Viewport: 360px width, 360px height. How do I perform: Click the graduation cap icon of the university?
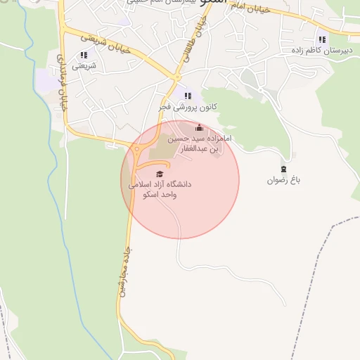(x=160, y=174)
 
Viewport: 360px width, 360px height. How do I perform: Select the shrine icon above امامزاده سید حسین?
(x=198, y=128)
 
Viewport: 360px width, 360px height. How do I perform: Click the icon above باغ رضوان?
(x=283, y=169)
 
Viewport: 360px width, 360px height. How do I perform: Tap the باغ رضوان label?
(x=283, y=180)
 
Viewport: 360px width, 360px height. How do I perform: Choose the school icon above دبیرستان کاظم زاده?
(x=321, y=39)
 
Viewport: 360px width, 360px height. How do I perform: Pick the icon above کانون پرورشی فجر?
(x=187, y=96)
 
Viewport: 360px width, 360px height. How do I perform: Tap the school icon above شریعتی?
(x=84, y=55)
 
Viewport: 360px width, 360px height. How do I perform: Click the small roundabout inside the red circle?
(x=138, y=150)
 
